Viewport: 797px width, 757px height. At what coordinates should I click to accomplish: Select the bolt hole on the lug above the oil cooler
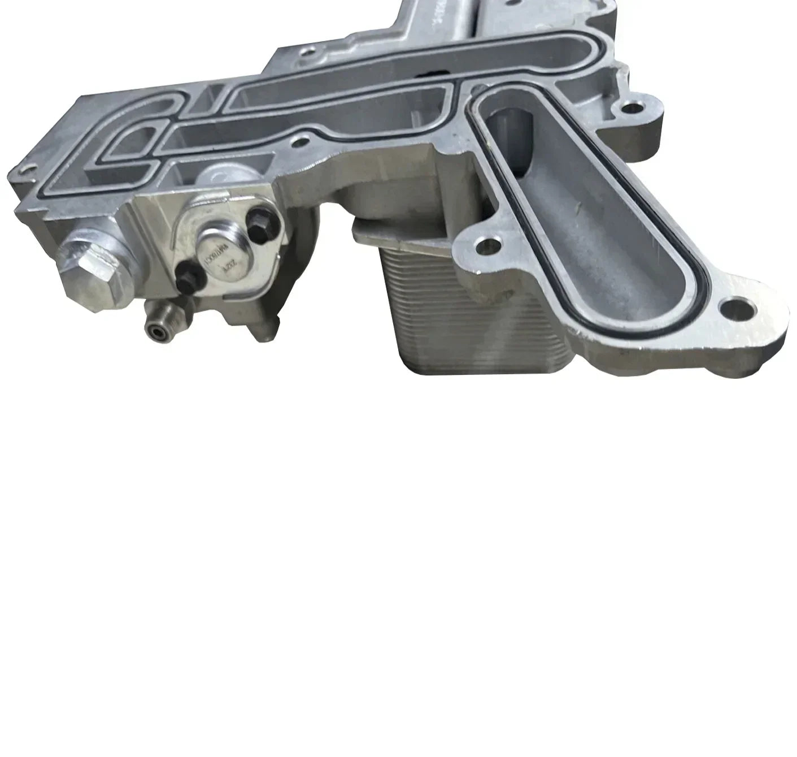tap(486, 245)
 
